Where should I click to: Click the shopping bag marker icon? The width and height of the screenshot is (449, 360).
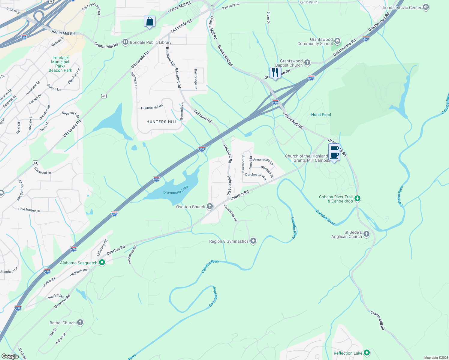(149, 22)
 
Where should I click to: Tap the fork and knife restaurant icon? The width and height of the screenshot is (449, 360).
(275, 73)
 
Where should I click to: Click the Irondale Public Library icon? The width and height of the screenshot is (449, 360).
(125, 42)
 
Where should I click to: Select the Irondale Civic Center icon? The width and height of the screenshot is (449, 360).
(426, 7)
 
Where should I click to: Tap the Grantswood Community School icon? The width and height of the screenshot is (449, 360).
(337, 41)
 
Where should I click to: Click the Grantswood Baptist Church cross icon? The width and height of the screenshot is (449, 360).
(307, 63)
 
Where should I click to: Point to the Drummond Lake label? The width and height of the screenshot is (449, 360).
(176, 190)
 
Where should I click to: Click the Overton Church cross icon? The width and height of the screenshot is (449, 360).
(210, 206)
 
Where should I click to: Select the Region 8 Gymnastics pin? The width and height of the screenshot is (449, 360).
(253, 241)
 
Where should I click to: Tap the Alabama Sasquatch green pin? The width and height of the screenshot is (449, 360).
(102, 263)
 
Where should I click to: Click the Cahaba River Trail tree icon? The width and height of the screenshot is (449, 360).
(357, 199)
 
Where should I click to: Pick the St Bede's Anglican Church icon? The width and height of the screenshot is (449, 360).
(366, 234)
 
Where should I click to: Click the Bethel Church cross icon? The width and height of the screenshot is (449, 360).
(80, 322)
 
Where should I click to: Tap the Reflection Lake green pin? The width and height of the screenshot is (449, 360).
(366, 353)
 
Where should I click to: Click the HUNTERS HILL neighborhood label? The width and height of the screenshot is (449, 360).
(162, 122)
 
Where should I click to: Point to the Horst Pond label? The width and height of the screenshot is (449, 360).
(321, 115)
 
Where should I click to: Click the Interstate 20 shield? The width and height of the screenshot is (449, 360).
(24, 37)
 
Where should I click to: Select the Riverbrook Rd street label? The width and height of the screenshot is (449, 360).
(231, 213)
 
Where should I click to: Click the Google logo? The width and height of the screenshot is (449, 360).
(10, 356)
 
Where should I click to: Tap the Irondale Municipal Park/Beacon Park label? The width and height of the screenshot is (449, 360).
(60, 64)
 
